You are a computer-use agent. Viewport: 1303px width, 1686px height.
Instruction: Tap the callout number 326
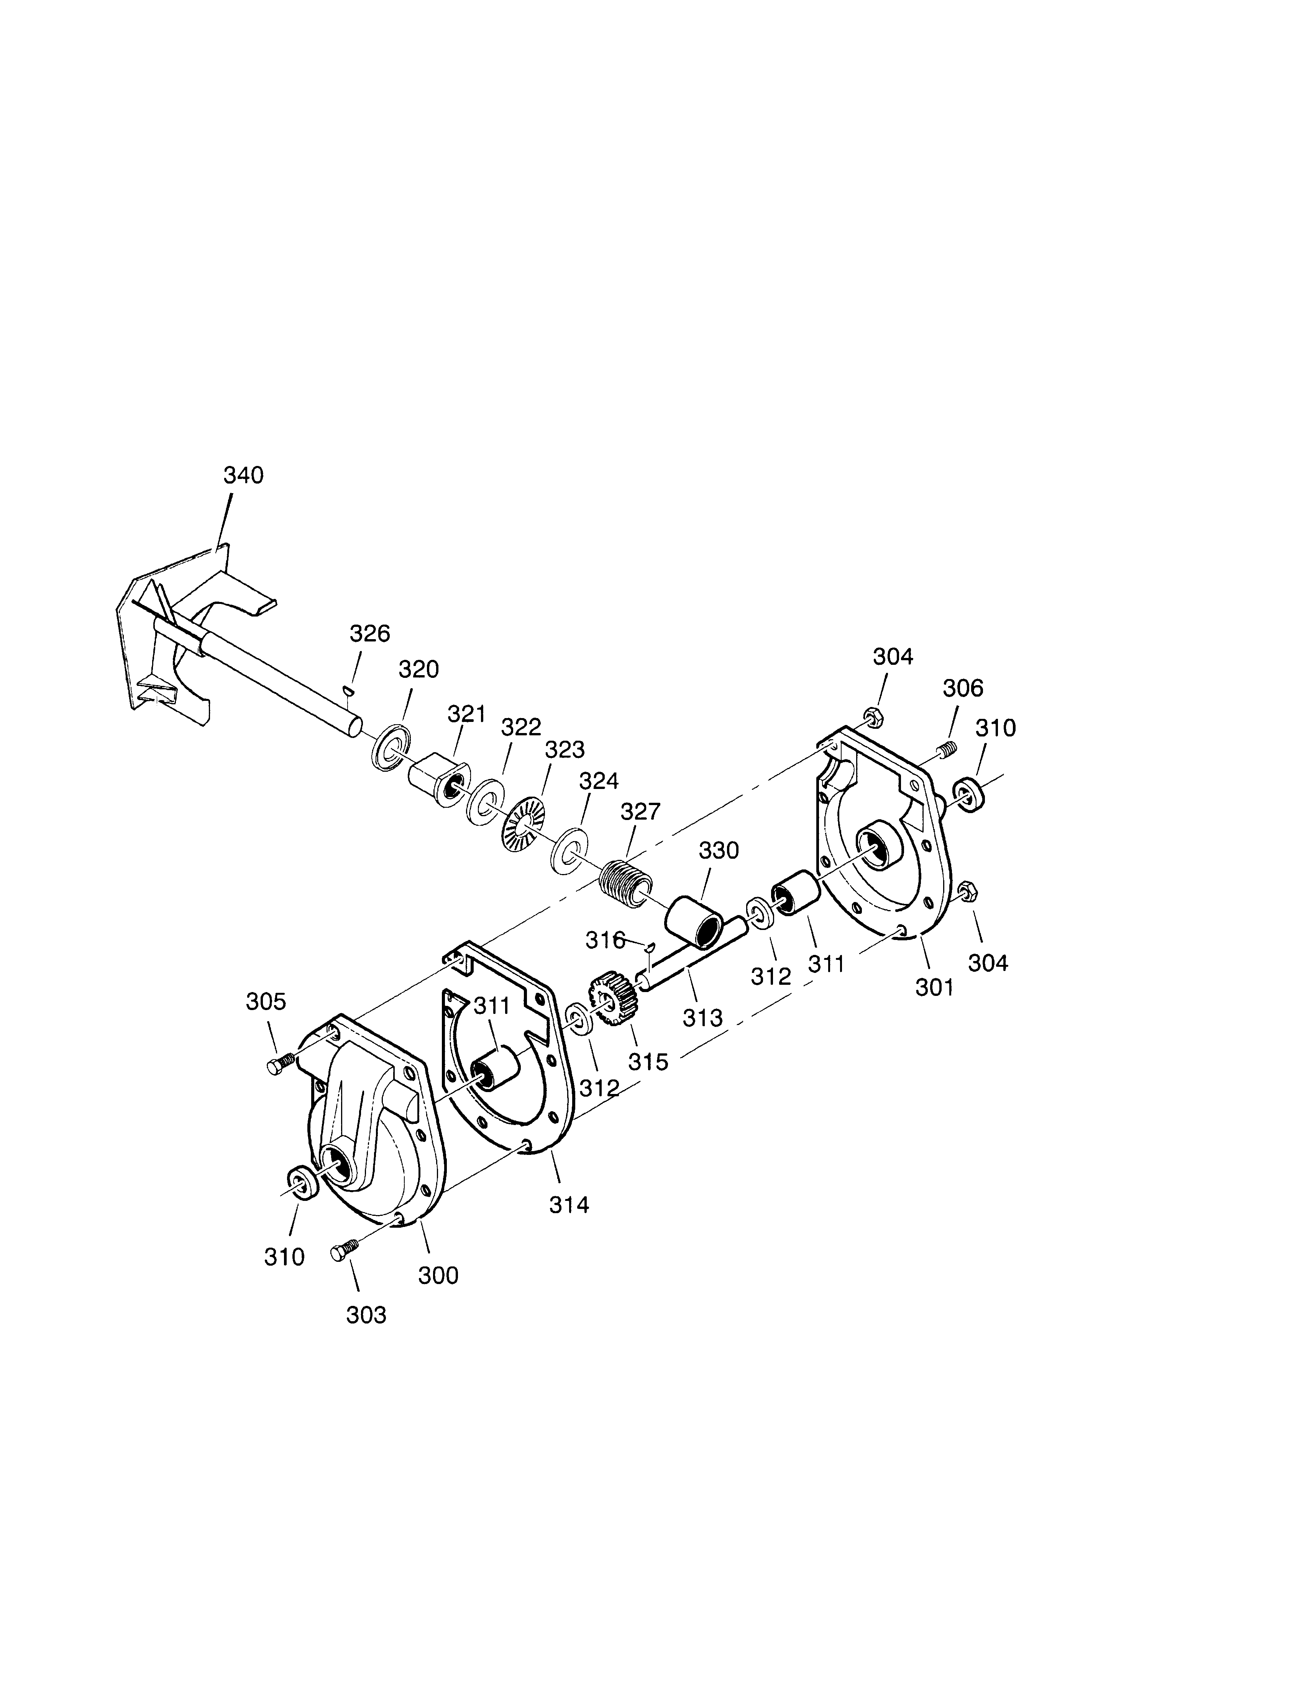pos(370,634)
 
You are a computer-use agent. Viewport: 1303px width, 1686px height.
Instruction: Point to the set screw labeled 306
pos(945,747)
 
